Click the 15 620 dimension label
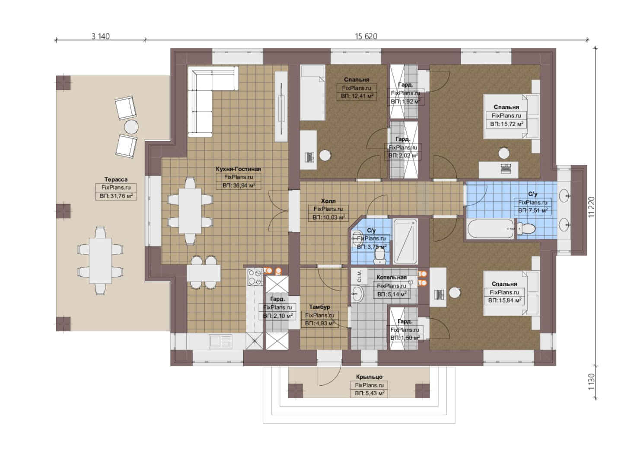click(x=366, y=36)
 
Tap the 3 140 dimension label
click(x=100, y=36)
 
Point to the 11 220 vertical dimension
click(x=592, y=207)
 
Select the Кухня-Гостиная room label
click(x=238, y=169)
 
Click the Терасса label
click(x=116, y=179)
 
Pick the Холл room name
click(x=328, y=201)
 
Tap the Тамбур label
click(x=320, y=307)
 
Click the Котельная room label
click(x=392, y=278)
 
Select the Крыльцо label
click(x=369, y=377)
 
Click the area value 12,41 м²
click(x=357, y=96)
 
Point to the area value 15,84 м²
click(x=504, y=301)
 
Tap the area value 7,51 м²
click(x=533, y=211)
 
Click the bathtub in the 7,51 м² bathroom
click(x=490, y=228)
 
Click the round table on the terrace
click(x=131, y=127)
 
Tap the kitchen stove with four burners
click(x=255, y=277)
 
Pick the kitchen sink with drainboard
click(x=221, y=342)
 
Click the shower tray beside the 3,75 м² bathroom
click(x=405, y=241)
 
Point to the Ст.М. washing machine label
click(x=359, y=276)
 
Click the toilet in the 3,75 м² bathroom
click(x=379, y=255)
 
